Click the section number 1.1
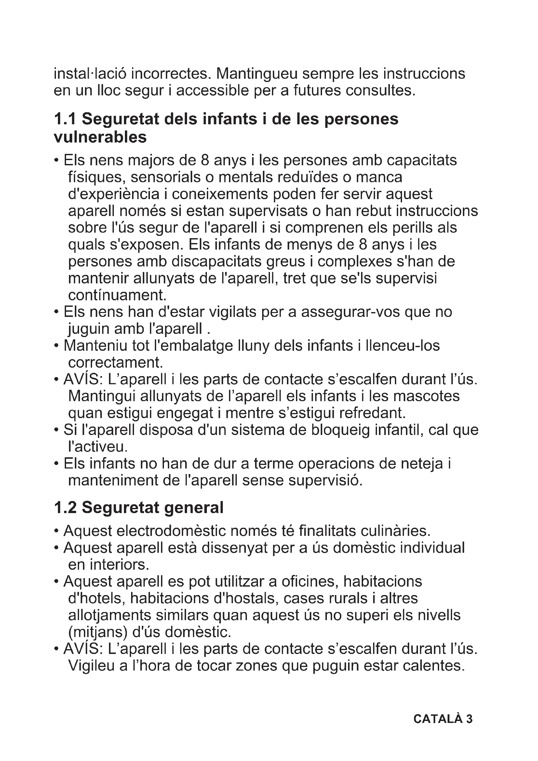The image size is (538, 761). coord(65,119)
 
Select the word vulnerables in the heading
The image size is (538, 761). coord(100,137)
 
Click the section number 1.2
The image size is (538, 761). coord(65,508)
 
